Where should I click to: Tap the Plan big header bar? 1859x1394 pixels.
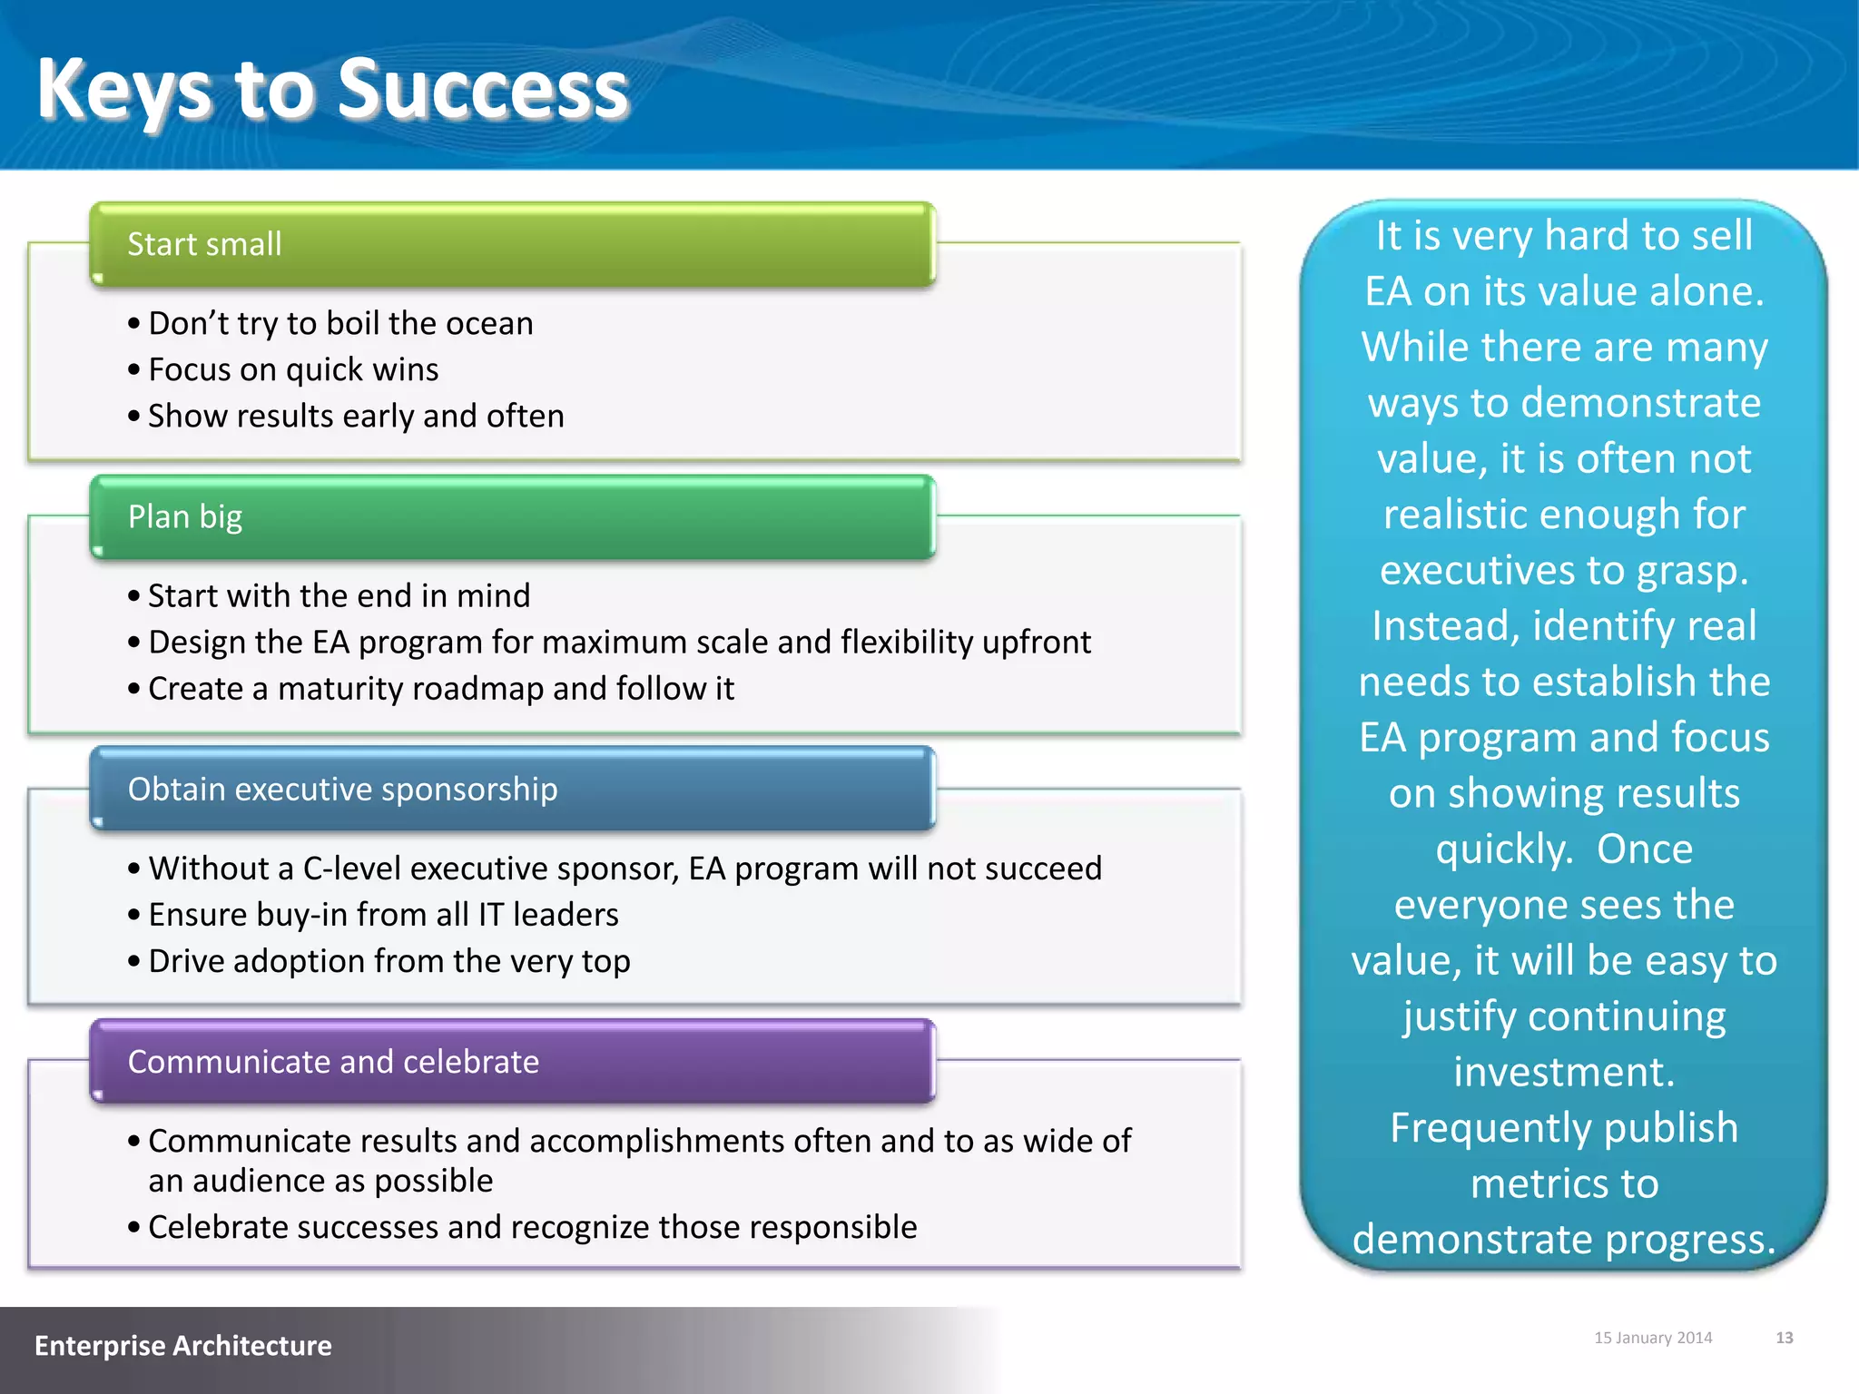512,517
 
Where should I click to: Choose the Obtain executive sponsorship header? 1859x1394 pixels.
512,790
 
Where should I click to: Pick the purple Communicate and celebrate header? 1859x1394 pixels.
512,1062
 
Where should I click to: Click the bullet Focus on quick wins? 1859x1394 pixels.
292,370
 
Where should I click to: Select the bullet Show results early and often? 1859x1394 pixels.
355,417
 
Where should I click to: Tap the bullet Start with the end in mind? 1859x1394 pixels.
338,596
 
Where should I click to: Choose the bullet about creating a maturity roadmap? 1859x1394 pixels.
440,689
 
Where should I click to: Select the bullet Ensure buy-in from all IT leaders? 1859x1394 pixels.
382,915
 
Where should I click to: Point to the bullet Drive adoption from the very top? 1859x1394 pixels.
389,961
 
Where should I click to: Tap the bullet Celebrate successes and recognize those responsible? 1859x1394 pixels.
532,1228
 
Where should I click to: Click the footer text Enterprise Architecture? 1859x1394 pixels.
183,1346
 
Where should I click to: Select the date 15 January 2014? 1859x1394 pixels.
1653,1338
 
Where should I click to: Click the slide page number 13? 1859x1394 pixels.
1784,1338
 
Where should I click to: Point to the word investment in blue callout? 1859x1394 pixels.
1563,1073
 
